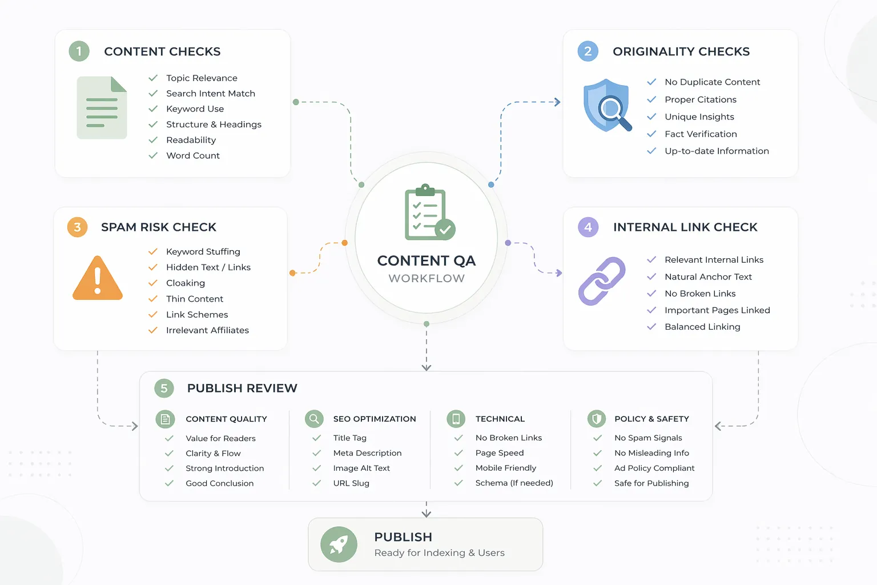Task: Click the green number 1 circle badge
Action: pyautogui.click(x=79, y=51)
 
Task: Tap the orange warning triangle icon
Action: pyautogui.click(x=98, y=279)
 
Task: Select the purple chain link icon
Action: pyautogui.click(x=602, y=281)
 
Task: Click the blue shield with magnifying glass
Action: pyautogui.click(x=607, y=106)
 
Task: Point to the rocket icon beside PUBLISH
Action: pyautogui.click(x=339, y=544)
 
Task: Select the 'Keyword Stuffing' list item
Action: pyautogui.click(x=203, y=251)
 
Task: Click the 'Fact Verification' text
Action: pyautogui.click(x=701, y=134)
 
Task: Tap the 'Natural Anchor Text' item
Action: pyautogui.click(x=708, y=277)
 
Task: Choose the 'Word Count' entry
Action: pyautogui.click(x=192, y=155)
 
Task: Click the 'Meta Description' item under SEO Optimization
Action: pyautogui.click(x=367, y=453)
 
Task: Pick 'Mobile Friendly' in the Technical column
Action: pyautogui.click(x=505, y=468)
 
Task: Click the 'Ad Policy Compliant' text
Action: pyautogui.click(x=654, y=468)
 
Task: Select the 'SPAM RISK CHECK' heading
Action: pyautogui.click(x=159, y=227)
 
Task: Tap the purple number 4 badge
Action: pyautogui.click(x=588, y=227)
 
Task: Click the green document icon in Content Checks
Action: pyautogui.click(x=102, y=108)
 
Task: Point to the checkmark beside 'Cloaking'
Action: pyautogui.click(x=153, y=283)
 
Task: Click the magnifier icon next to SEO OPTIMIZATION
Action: pyautogui.click(x=314, y=419)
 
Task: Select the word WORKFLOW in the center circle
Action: pyautogui.click(x=427, y=278)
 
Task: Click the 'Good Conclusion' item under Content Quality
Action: pyautogui.click(x=219, y=483)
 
